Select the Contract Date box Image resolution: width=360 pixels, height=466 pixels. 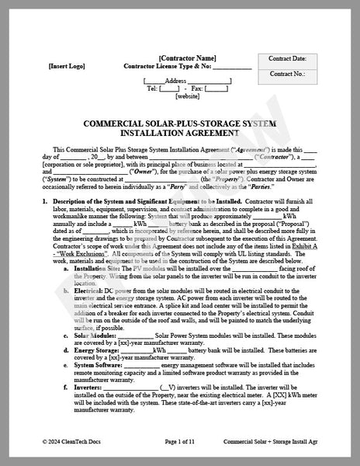[x=287, y=59]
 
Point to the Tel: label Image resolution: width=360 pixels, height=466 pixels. [x=152, y=89]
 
